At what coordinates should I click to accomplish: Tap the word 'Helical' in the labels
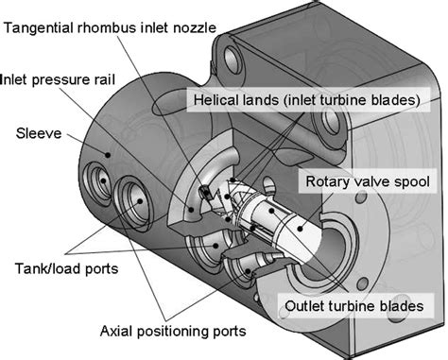[216, 99]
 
